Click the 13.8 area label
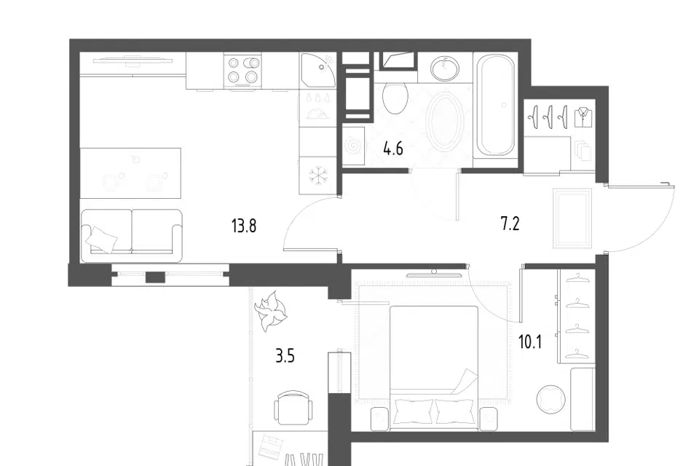(244, 226)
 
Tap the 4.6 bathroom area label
(393, 148)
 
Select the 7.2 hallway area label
(510, 224)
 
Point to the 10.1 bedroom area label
(530, 342)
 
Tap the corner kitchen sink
(318, 70)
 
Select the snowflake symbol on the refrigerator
(318, 175)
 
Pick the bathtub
(495, 106)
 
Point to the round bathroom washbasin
(444, 68)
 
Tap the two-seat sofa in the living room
(132, 236)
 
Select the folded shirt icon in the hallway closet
(583, 116)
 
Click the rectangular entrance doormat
(572, 218)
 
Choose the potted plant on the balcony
(271, 311)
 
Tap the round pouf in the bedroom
(551, 399)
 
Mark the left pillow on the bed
(414, 411)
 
